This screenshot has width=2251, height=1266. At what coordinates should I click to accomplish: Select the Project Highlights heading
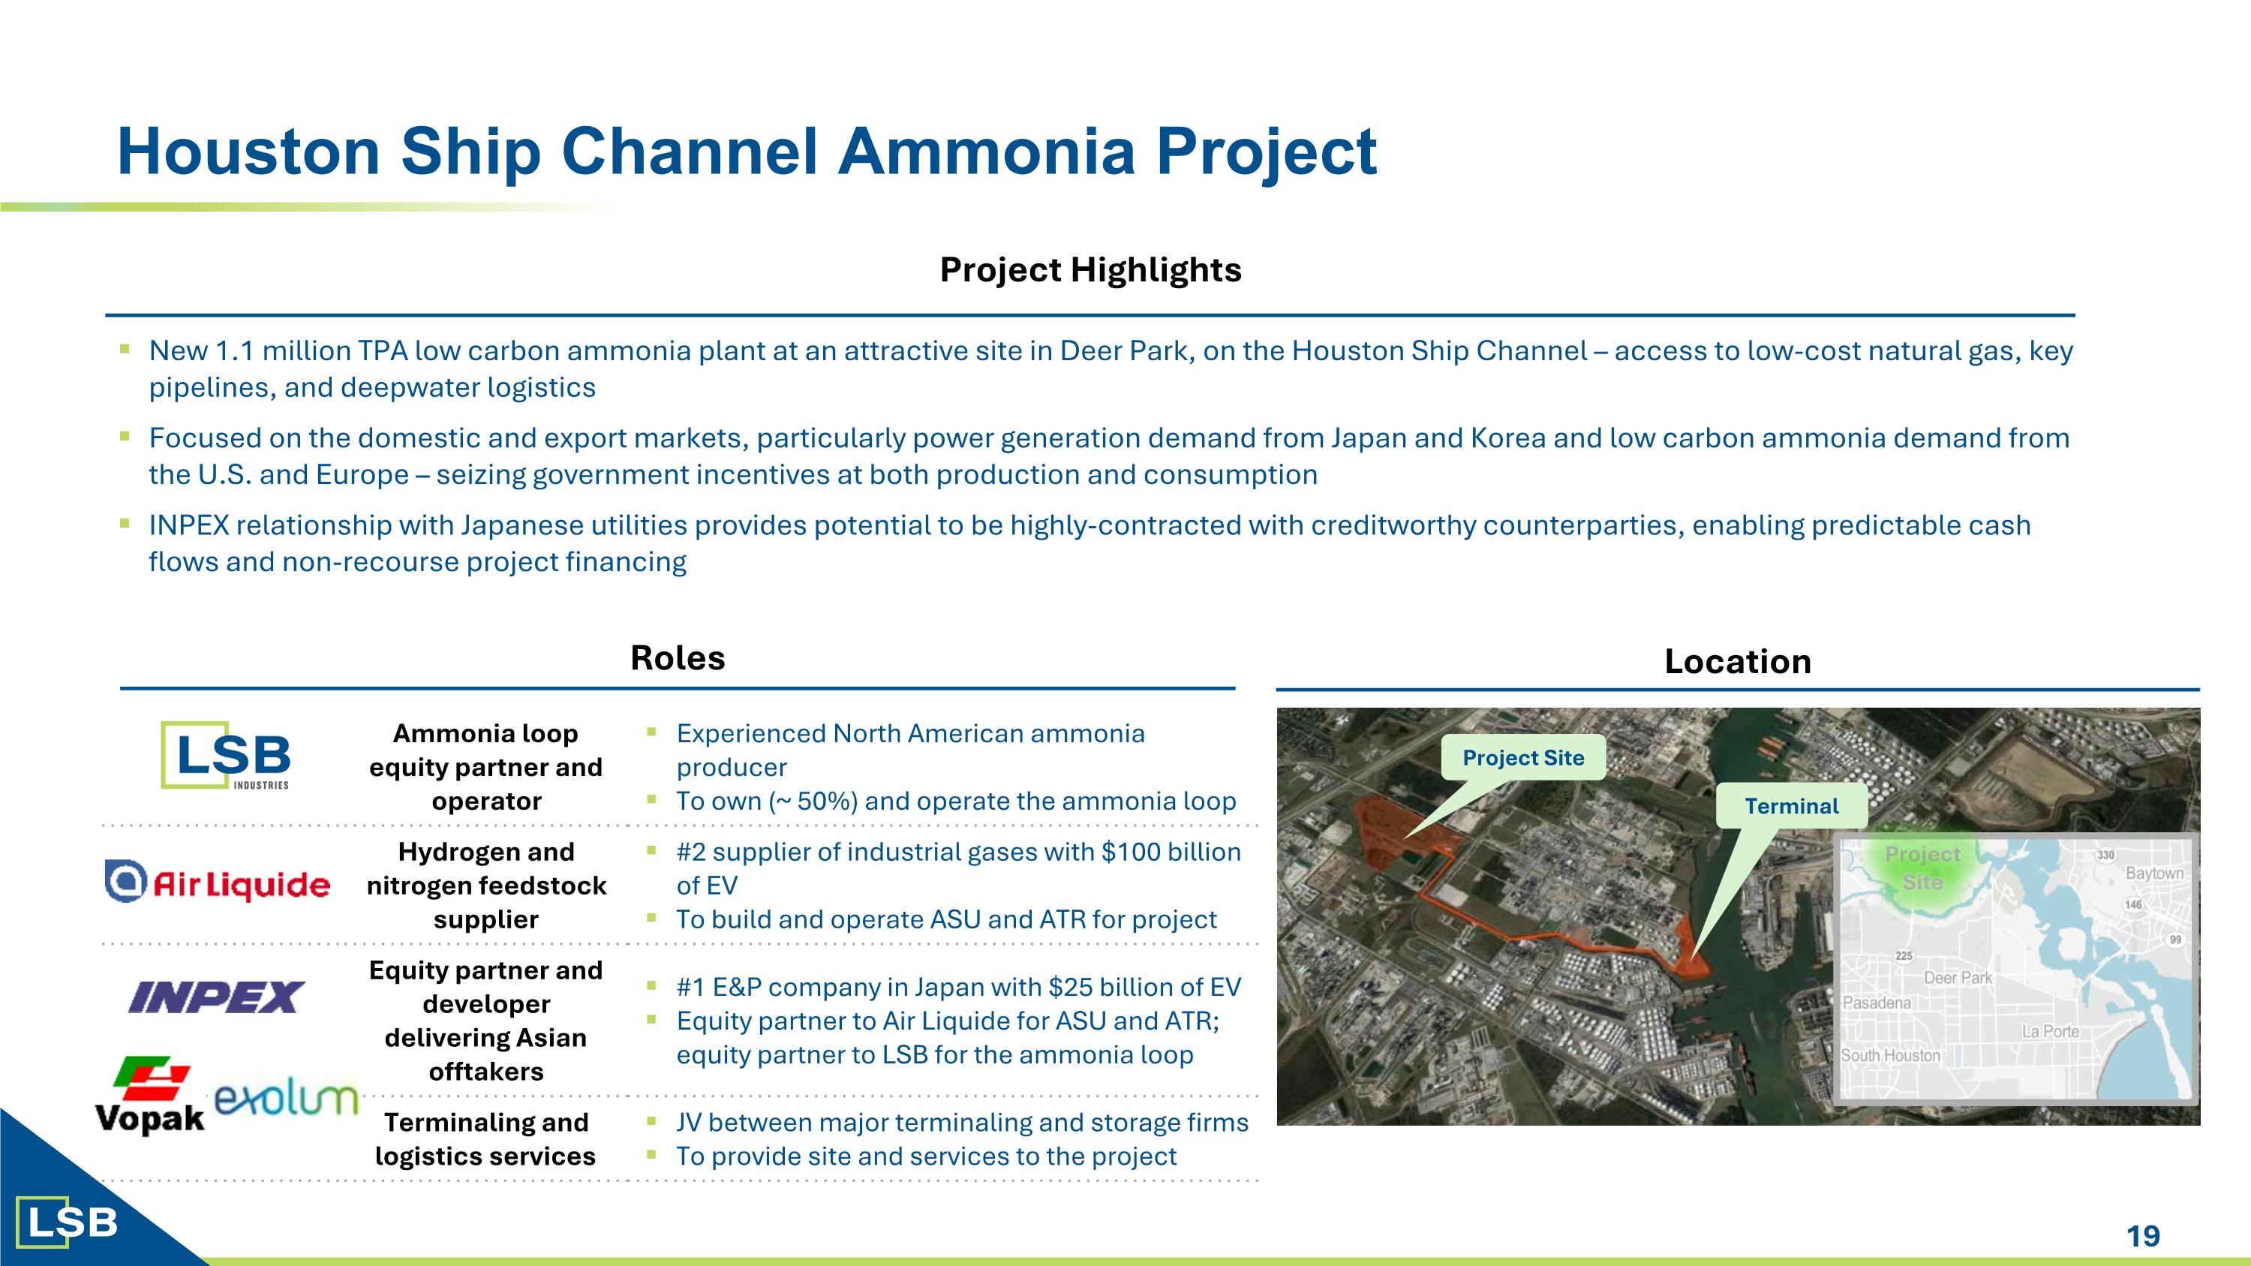click(1089, 270)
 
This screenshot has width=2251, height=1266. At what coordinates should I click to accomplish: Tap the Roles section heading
click(678, 658)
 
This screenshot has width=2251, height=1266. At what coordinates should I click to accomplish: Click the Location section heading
click(1737, 661)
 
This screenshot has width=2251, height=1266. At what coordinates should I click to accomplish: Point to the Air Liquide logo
click(218, 883)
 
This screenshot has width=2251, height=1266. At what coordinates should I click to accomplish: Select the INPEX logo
click(216, 997)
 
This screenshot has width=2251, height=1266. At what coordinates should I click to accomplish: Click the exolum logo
click(286, 1100)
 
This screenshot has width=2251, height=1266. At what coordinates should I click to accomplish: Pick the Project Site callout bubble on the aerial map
click(1523, 757)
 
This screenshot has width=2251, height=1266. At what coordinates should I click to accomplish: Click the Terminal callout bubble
click(1790, 805)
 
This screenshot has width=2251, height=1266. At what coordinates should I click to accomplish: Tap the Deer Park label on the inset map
click(1958, 978)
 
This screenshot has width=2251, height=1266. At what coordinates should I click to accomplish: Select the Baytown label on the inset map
click(2154, 873)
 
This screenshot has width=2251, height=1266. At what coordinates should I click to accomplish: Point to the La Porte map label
click(2050, 1031)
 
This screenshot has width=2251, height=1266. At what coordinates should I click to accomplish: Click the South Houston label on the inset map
click(1890, 1055)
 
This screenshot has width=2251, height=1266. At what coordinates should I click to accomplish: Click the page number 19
click(2143, 1235)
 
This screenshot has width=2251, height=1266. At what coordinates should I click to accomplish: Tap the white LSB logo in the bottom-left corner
click(68, 1222)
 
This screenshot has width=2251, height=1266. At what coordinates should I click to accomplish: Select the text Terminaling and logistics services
click(486, 1138)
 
